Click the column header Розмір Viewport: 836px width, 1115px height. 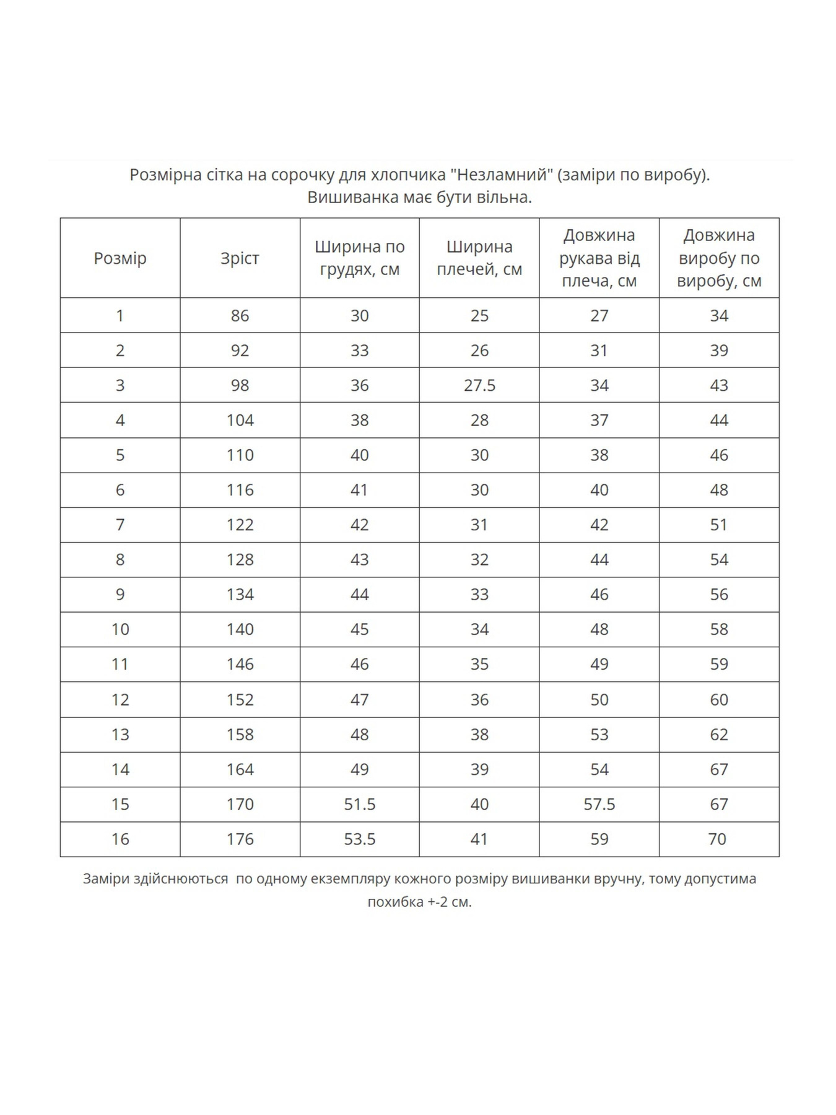pyautogui.click(x=120, y=258)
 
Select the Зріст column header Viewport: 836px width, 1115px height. pyautogui.click(x=240, y=258)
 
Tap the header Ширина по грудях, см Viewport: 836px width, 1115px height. pyautogui.click(x=359, y=258)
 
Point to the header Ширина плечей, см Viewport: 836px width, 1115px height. pyautogui.click(x=479, y=258)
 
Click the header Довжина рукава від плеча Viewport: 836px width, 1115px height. pyautogui.click(x=599, y=258)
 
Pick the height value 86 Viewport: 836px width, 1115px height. pyautogui.click(x=240, y=315)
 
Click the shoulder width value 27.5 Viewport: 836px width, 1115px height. pyautogui.click(x=479, y=385)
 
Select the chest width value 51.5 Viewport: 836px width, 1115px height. pyautogui.click(x=359, y=804)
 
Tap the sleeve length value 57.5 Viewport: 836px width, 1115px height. pyautogui.click(x=599, y=804)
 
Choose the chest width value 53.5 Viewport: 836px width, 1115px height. pyautogui.click(x=359, y=839)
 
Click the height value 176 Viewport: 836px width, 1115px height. pyautogui.click(x=240, y=839)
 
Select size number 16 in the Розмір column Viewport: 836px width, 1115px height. pyautogui.click(x=120, y=839)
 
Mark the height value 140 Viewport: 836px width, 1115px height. pyautogui.click(x=240, y=629)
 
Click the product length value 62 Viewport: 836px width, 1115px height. pyautogui.click(x=718, y=734)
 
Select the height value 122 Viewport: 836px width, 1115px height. pyautogui.click(x=240, y=525)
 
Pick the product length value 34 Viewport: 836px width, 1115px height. pyautogui.click(x=718, y=315)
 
